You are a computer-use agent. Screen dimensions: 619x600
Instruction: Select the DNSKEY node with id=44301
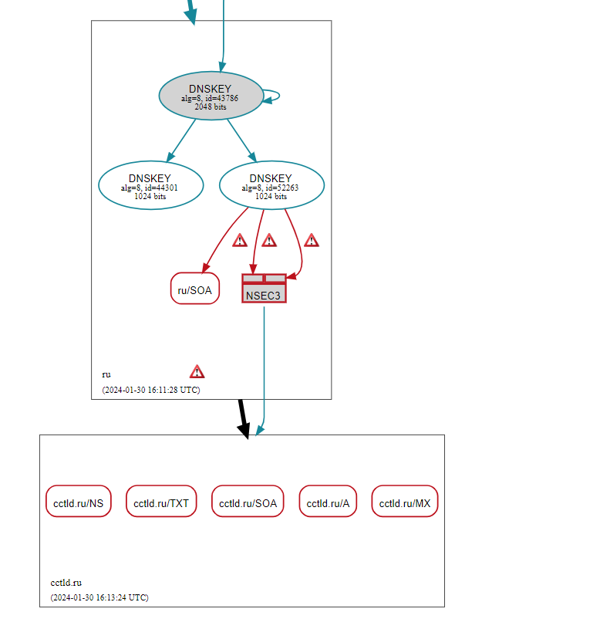150,186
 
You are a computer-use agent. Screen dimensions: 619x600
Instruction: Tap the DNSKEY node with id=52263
271,186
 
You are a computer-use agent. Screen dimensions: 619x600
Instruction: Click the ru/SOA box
195,289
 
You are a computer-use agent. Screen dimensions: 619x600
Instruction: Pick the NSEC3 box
264,293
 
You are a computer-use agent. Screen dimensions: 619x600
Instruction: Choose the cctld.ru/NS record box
79,503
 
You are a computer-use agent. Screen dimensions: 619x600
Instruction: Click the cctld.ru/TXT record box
161,503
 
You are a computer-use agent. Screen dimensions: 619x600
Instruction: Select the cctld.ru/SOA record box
248,503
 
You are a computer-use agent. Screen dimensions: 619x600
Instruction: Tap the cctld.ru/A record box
328,503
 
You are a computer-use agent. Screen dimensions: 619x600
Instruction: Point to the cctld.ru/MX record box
404,503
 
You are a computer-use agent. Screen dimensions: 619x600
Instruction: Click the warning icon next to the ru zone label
197,371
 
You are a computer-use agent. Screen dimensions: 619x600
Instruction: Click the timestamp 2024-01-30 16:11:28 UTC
150,390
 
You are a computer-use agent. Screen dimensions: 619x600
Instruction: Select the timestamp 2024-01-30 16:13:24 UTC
99,597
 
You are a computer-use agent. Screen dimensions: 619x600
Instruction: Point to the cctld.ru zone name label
66,583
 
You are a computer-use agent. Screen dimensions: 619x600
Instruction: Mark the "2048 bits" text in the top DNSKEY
210,107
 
